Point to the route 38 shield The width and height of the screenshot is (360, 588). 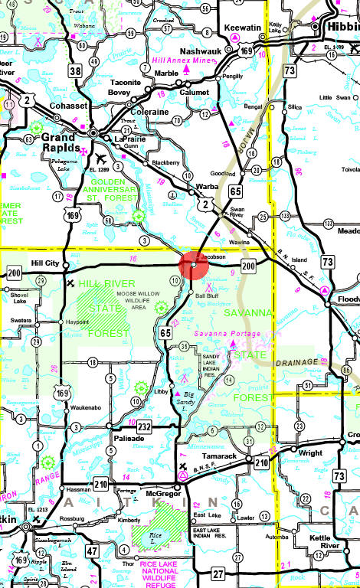(x=74, y=72)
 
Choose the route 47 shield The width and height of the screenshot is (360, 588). (x=91, y=550)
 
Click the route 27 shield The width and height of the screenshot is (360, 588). (x=218, y=573)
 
